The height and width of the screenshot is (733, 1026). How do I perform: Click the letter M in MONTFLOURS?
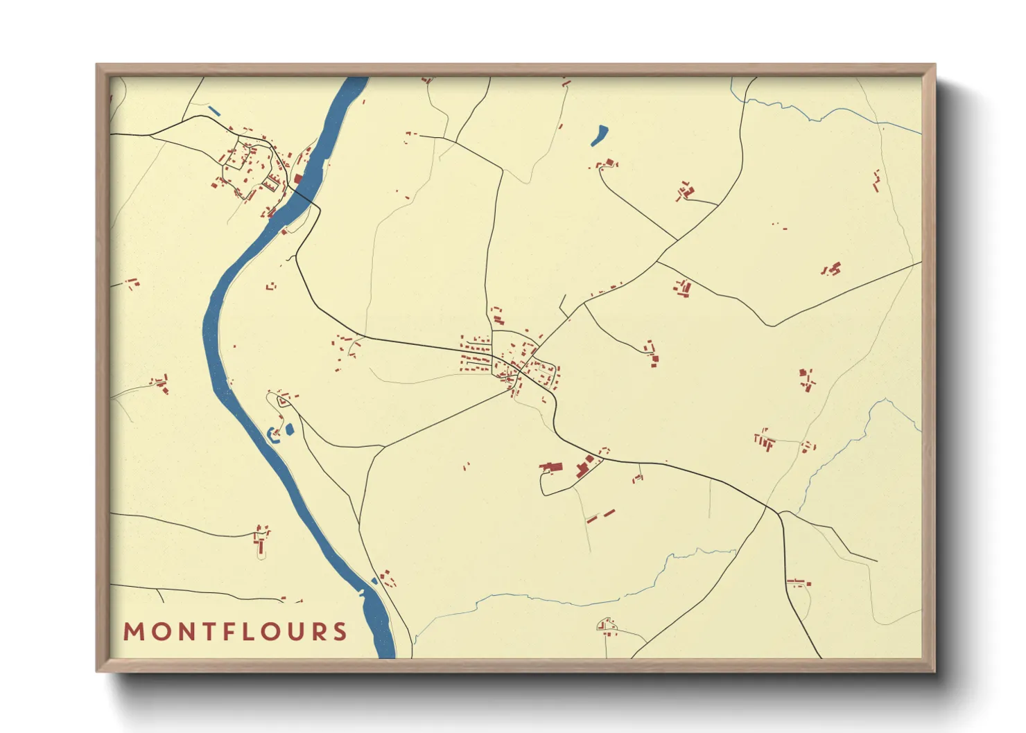pyautogui.click(x=134, y=632)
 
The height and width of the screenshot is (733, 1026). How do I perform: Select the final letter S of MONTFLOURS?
pyautogui.click(x=340, y=632)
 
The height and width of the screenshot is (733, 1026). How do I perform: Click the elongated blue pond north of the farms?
pyautogui.click(x=599, y=135)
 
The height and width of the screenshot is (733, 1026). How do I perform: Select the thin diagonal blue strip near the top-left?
pyautogui.click(x=214, y=110)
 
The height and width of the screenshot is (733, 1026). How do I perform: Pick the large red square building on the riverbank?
pyautogui.click(x=298, y=179)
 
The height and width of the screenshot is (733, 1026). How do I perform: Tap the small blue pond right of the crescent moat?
pyautogui.click(x=290, y=430)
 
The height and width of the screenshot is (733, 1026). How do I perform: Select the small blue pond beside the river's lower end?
pyautogui.click(x=374, y=581)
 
